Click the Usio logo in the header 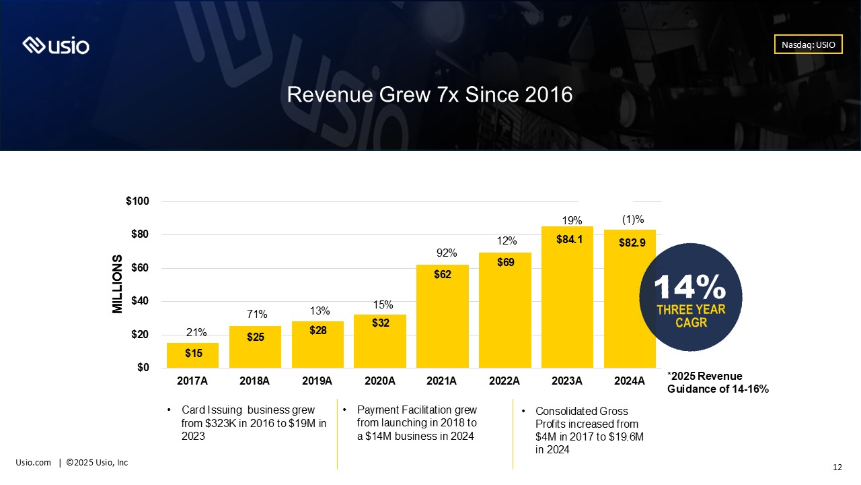[56, 45]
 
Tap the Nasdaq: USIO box [808, 44]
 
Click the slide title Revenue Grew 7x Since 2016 [430, 95]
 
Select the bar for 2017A [192, 355]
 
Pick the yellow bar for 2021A [443, 317]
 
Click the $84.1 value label [569, 239]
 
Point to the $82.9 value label [632, 243]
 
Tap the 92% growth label [447, 253]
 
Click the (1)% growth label [633, 220]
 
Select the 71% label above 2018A [257, 314]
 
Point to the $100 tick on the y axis [138, 201]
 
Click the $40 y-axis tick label [140, 300]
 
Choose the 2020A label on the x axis [380, 381]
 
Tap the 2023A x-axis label [567, 381]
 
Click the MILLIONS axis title [117, 284]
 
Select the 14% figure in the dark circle [690, 287]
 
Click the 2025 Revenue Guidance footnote [718, 382]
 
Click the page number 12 [837, 467]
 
